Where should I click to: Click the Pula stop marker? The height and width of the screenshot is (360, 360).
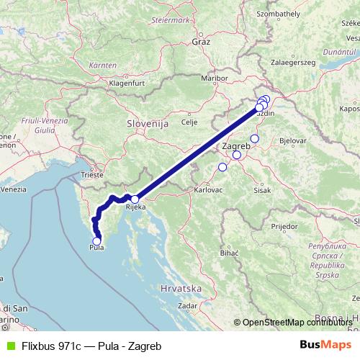97,241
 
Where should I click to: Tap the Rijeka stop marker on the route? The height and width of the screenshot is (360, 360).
135,199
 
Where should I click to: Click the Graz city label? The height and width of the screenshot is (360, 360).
201,42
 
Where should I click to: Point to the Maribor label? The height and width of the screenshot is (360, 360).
214,77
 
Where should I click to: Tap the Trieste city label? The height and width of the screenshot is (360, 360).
92,174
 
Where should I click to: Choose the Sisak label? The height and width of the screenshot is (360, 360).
262,190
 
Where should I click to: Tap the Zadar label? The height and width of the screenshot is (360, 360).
187,305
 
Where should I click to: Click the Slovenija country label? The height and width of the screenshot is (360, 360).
148,124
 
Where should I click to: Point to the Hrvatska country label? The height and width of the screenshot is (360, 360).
181,287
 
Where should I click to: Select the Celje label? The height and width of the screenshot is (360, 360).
189,122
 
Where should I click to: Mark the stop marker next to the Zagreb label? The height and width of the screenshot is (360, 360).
237,155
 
